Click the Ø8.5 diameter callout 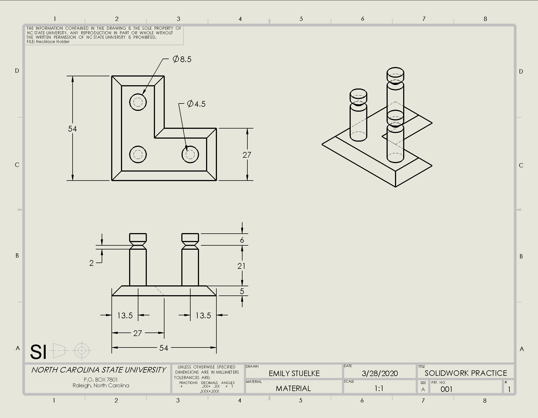182,59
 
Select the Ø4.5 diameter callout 196,104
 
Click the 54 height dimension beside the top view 72,129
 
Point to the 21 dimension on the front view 241,266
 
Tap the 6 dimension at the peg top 242,240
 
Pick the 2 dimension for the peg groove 91,263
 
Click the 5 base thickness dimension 242,291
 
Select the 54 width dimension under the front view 164,348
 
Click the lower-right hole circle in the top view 190,154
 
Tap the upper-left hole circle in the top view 138,102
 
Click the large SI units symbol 38,352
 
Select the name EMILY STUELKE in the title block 294,373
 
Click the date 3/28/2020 380,373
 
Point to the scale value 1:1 379,388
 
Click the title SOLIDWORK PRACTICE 466,373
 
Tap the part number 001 446,389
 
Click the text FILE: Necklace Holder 48,42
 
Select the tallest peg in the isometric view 395,93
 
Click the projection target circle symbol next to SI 82,350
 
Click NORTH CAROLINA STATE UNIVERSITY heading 98,370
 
